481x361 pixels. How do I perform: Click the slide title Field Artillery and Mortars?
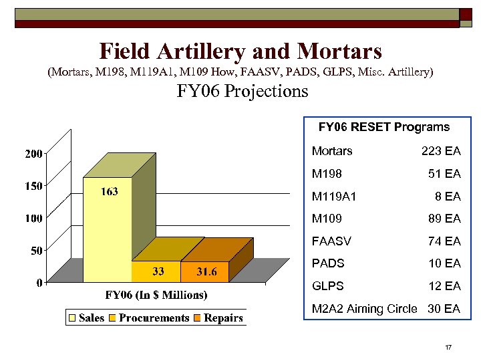240,51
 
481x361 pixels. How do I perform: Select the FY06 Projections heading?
243,91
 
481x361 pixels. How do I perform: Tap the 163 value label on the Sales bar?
110,192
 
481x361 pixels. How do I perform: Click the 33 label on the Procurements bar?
159,271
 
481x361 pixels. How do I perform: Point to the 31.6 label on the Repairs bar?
206,271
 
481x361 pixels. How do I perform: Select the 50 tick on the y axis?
36,250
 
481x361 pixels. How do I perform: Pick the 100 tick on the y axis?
33,218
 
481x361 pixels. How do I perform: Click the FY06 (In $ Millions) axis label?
156,295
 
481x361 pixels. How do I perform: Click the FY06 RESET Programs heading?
384,127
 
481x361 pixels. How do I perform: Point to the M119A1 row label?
335,197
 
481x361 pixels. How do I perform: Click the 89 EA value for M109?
444,219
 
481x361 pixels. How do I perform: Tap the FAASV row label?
331,241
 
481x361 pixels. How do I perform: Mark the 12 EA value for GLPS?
444,286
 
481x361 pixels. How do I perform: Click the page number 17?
448,348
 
